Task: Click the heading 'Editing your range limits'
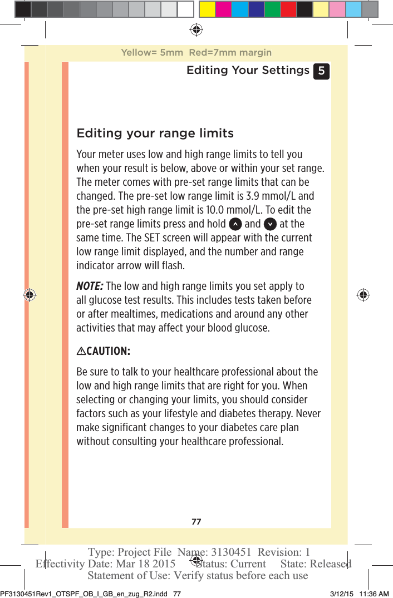click(x=155, y=134)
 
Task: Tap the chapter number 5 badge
click(x=321, y=71)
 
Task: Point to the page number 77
click(x=196, y=522)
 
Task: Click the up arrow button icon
click(x=235, y=224)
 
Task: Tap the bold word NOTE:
click(x=89, y=286)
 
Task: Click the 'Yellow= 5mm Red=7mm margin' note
click(x=196, y=53)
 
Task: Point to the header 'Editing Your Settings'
click(x=248, y=71)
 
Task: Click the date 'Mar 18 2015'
click(x=143, y=564)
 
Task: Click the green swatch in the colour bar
click(x=272, y=9)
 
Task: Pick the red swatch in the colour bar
click(x=288, y=9)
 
